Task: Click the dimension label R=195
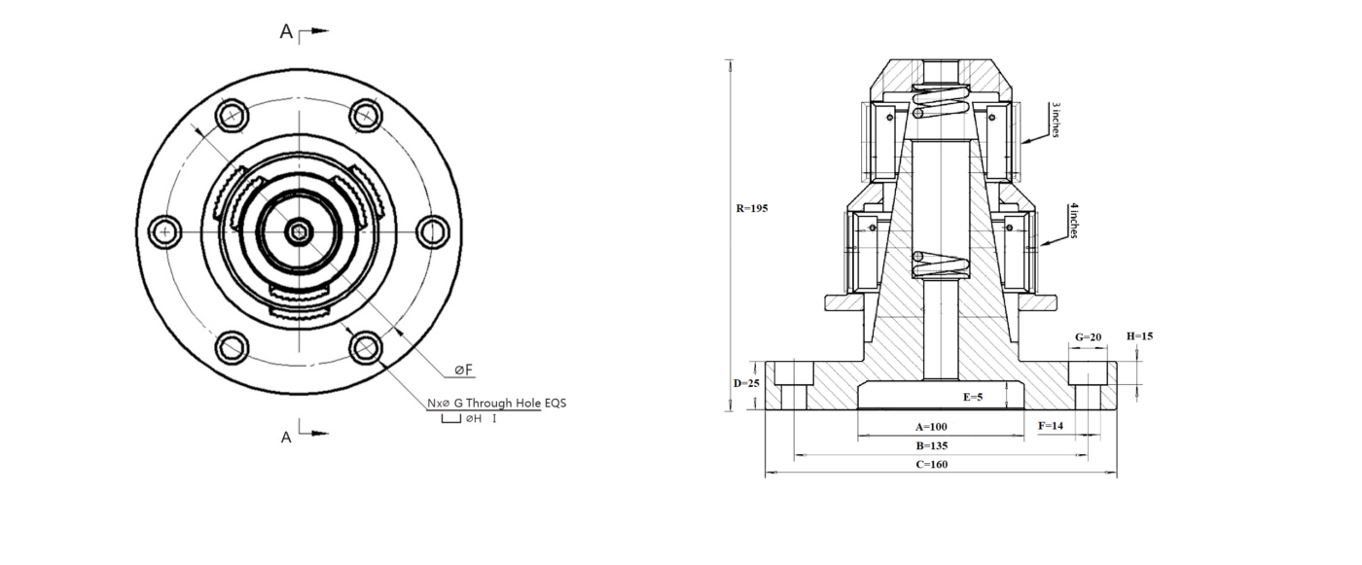tap(752, 208)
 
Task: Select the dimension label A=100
tap(931, 426)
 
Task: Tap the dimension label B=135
tap(931, 445)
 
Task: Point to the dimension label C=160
tap(931, 464)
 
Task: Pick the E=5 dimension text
tap(973, 397)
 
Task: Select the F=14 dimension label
tap(1052, 425)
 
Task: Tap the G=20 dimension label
tap(1088, 337)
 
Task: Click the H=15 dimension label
tap(1139, 335)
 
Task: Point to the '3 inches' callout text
tap(1055, 119)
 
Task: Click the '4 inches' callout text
tap(1072, 221)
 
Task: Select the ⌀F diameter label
tap(463, 370)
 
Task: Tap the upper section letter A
tap(286, 32)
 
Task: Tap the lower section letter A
tap(286, 438)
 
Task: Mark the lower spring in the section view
tap(940, 264)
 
